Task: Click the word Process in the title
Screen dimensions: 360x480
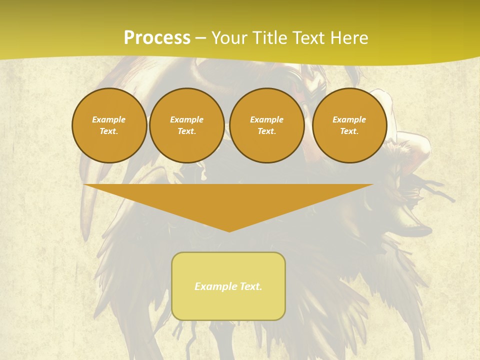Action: (157, 38)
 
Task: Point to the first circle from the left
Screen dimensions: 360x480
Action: (109, 125)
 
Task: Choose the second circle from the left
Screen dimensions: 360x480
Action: (187, 125)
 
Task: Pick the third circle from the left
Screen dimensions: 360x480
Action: (267, 125)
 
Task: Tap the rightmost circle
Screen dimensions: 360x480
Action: (349, 125)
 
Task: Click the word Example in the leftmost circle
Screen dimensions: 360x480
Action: (109, 120)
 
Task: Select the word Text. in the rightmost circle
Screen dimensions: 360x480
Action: (349, 131)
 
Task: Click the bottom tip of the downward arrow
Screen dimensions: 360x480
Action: (229, 230)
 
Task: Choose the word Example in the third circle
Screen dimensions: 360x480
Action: (267, 120)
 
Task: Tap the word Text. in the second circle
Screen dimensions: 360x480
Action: (187, 131)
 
